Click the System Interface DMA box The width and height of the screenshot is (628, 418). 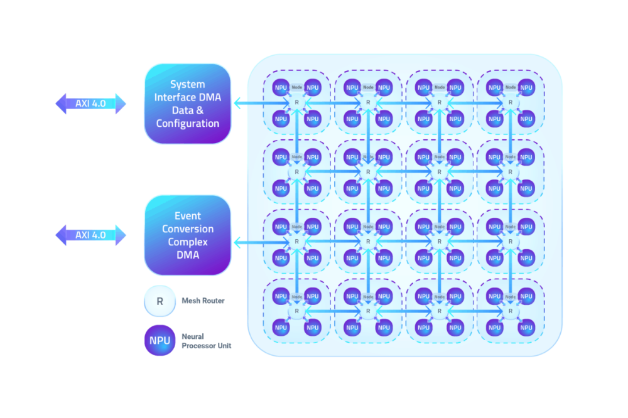tap(187, 104)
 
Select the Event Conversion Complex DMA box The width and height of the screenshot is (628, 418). tap(187, 235)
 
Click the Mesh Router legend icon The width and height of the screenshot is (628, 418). tap(160, 301)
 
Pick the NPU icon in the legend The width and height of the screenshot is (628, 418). tap(160, 341)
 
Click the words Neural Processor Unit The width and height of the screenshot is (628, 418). tap(207, 341)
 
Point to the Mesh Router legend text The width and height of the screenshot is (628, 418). tap(204, 301)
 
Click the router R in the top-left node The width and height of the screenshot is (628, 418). tap(296, 102)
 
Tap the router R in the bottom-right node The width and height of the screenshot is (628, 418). tap(509, 310)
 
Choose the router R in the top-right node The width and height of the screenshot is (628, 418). tap(509, 102)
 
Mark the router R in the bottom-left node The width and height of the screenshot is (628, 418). tap(296, 310)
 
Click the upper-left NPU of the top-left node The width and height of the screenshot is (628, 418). tap(281, 87)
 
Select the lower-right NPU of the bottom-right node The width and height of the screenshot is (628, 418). tap(526, 327)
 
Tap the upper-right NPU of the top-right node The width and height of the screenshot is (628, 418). tap(526, 87)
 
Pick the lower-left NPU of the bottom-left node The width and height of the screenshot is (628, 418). tap(281, 327)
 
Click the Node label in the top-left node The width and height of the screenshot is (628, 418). tap(296, 87)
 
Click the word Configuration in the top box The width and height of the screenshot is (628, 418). tap(187, 124)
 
